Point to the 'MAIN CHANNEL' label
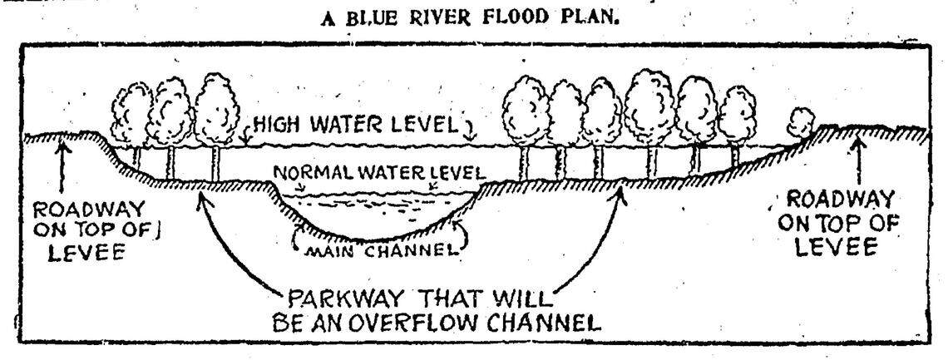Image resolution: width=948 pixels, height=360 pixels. coord(378,248)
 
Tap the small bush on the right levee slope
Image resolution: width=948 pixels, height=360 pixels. coord(800,124)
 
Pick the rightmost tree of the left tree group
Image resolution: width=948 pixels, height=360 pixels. coord(216,108)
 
